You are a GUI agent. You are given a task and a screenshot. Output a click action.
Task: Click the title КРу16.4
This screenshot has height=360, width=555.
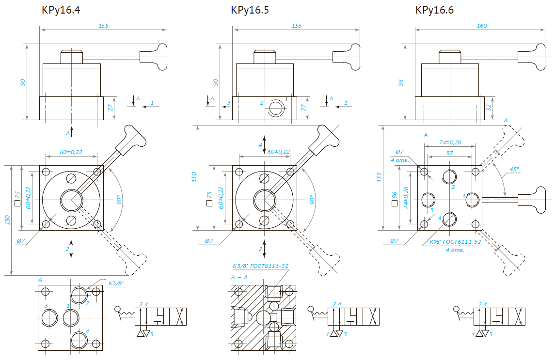point(61,10)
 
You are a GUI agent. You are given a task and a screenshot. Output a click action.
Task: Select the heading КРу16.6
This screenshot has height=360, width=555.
point(434,10)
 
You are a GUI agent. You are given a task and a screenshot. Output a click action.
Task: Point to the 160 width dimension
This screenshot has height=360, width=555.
point(482,26)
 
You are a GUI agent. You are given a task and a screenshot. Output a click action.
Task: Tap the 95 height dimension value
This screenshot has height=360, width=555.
point(401,82)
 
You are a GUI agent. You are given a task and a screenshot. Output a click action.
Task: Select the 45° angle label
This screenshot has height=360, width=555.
point(514,170)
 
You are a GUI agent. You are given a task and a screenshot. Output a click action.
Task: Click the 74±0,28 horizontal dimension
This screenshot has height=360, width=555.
point(450,142)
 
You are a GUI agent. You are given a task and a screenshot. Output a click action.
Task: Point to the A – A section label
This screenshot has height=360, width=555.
point(239,277)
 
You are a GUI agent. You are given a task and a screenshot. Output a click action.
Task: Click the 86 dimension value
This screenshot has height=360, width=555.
point(394,196)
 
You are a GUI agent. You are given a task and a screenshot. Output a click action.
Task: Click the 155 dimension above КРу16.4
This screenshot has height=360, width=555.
point(103,26)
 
